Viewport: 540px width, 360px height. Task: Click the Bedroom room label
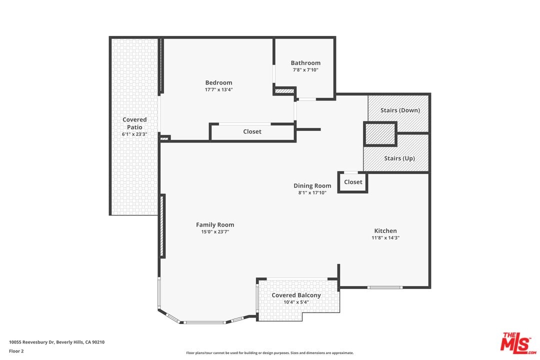point(218,82)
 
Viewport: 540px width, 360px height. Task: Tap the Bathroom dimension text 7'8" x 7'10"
point(305,70)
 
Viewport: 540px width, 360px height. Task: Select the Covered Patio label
point(134,123)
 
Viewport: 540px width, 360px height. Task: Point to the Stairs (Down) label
point(400,110)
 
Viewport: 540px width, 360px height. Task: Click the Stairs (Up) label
point(399,158)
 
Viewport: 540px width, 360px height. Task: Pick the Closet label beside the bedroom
point(252,131)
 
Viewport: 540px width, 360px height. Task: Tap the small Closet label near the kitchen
point(353,182)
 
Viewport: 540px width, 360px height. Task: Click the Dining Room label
point(312,185)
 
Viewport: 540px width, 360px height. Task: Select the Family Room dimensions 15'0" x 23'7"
point(215,232)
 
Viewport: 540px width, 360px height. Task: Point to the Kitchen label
point(385,231)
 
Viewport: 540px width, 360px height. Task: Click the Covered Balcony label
point(296,295)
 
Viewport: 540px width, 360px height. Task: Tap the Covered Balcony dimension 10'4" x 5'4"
point(296,302)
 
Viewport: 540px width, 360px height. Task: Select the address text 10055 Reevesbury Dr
point(31,342)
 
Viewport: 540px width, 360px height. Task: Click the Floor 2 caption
point(16,351)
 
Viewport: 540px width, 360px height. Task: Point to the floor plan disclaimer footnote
point(270,353)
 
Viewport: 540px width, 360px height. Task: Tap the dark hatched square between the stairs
point(380,134)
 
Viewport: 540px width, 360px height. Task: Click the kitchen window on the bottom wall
point(384,287)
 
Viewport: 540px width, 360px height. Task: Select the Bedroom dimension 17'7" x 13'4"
point(218,89)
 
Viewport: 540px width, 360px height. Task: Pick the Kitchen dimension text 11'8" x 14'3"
point(385,237)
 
